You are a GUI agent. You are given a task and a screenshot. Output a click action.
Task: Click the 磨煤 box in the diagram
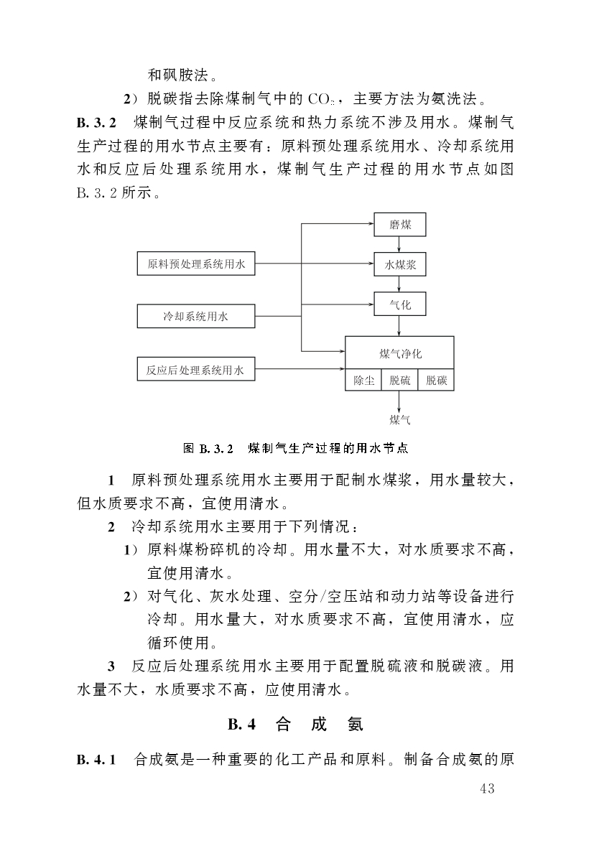[x=400, y=225]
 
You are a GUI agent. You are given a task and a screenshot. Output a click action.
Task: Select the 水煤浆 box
[x=400, y=264]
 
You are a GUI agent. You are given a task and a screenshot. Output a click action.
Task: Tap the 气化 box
[x=400, y=304]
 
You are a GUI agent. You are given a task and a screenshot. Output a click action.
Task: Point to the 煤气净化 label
[x=400, y=353]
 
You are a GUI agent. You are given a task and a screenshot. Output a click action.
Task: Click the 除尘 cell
[x=363, y=381]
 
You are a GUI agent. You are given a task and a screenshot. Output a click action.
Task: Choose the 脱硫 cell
[x=400, y=381]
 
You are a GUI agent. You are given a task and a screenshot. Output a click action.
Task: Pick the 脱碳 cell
[x=436, y=381]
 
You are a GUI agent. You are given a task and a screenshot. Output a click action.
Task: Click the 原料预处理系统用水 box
[x=196, y=264]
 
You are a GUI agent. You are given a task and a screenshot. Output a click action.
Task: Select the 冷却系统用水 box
[x=196, y=316]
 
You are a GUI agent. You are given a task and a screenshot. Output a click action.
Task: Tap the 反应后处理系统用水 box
[x=196, y=371]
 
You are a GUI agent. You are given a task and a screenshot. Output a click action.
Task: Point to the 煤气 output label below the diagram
[x=400, y=419]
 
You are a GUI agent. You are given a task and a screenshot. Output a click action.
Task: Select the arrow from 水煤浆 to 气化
[x=400, y=284]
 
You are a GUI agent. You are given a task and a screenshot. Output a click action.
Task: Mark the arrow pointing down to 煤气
[x=400, y=401]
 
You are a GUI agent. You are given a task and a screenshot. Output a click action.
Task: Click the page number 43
[x=486, y=789]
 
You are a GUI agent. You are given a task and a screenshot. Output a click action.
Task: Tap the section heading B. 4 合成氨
[x=296, y=725]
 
